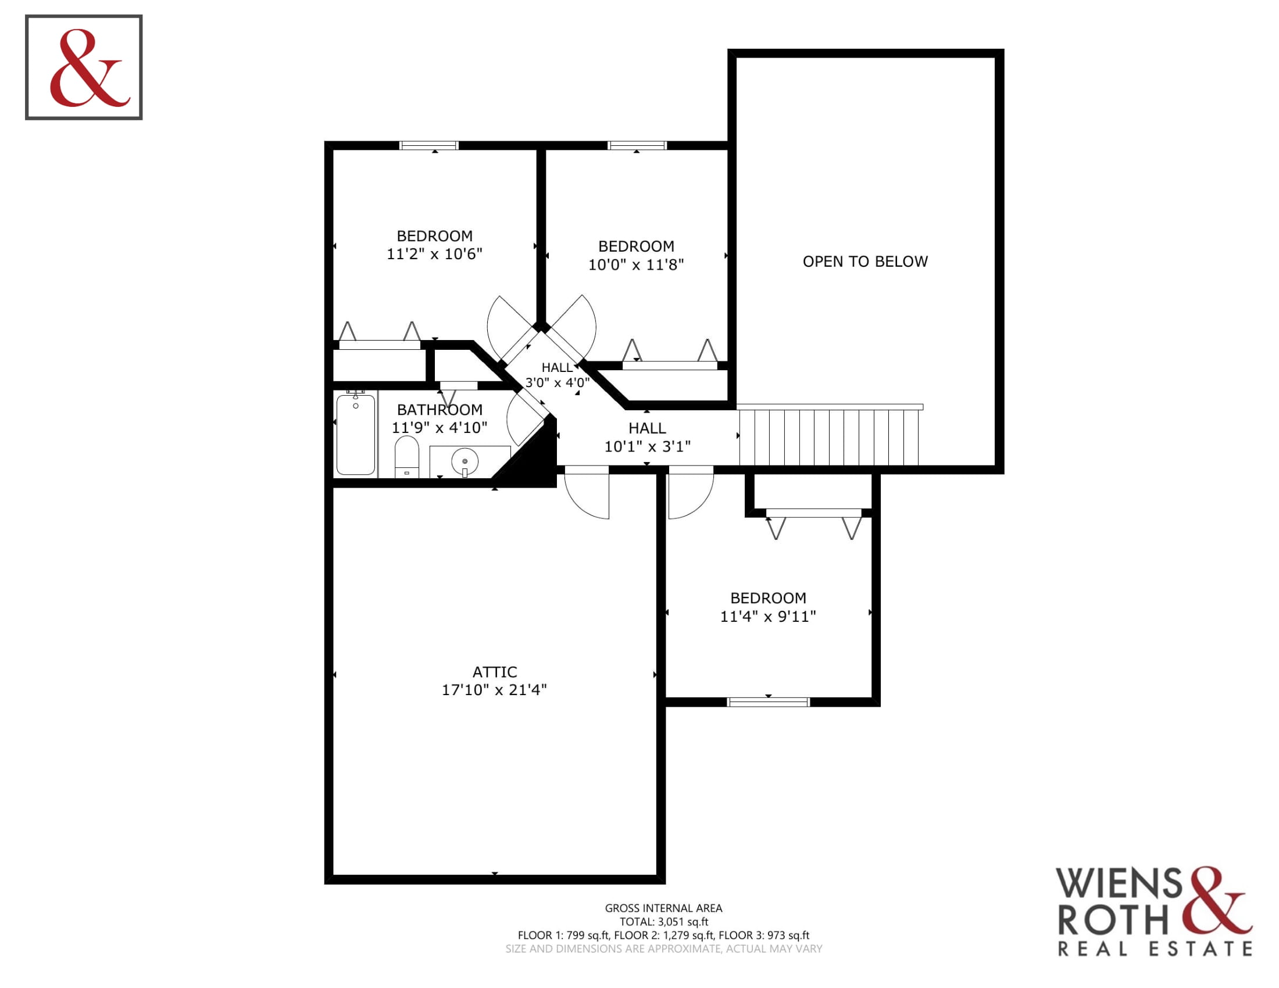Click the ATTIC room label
494,671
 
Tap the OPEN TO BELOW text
865,261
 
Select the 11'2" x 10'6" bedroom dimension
434,253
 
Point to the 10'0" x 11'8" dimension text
636,264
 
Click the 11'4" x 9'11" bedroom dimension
768,616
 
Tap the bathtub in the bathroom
355,433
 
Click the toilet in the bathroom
407,457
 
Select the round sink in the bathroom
465,461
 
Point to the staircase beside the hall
829,436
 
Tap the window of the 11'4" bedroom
769,702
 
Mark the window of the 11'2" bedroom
428,145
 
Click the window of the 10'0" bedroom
637,145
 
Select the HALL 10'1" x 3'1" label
647,437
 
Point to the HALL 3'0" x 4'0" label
557,375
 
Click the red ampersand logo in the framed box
90,68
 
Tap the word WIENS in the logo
1119,882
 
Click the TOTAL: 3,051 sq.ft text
663,921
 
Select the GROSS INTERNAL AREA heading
663,908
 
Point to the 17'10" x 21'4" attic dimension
494,689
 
